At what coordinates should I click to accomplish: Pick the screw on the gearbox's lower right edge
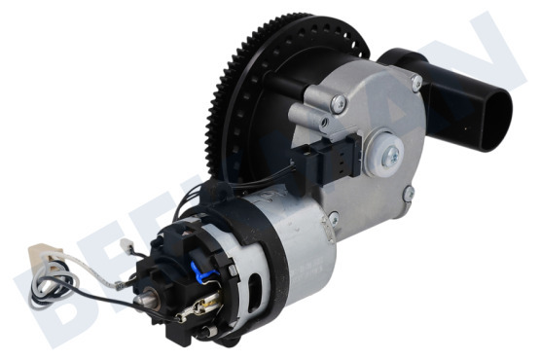point(406,195)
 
